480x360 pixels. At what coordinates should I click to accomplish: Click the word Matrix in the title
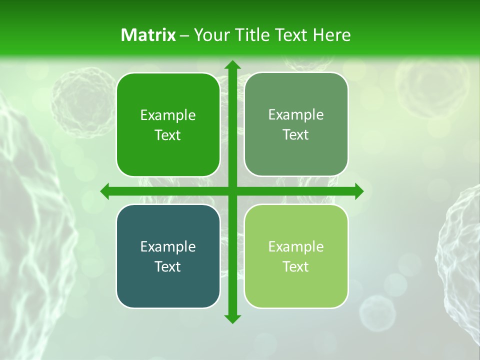[148, 35]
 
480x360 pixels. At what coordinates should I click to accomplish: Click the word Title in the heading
[253, 35]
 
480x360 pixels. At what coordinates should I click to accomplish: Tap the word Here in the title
[331, 35]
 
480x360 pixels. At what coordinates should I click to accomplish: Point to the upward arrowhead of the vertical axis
[232, 65]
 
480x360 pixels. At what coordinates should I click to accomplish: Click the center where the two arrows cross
[232, 191]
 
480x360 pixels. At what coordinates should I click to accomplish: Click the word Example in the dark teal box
[168, 246]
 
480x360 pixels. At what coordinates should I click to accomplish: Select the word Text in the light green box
[296, 266]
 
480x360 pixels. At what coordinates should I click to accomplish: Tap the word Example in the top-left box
[168, 115]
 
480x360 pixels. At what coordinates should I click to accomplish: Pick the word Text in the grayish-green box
[296, 134]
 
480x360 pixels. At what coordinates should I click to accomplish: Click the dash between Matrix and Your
[184, 35]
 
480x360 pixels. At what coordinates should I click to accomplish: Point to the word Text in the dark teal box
[168, 266]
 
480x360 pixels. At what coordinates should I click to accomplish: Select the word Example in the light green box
[296, 246]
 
